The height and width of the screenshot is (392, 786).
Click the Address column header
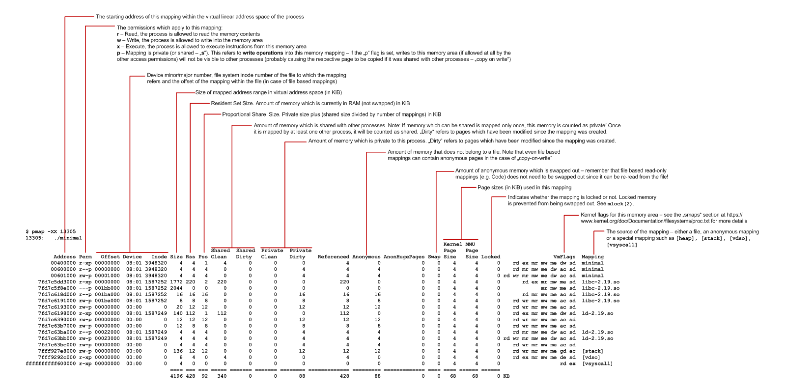coord(64,257)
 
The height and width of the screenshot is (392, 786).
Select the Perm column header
coord(85,257)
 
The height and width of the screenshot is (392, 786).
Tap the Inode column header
coord(159,257)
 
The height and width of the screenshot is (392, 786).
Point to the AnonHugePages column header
coord(404,257)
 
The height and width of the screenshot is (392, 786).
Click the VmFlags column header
coord(564,257)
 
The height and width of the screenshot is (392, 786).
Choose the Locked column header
coord(490,257)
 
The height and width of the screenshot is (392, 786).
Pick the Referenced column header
coord(333,257)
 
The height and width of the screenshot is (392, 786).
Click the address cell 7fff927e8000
coord(57,351)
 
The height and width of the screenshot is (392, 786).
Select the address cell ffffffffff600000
coord(51,364)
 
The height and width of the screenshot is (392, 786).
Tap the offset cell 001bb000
coord(107,288)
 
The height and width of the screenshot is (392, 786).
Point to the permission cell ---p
coord(85,288)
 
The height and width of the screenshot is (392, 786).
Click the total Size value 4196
coord(176,376)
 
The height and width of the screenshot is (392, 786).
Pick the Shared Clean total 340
coord(222,376)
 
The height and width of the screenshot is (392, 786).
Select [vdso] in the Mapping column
coord(591,358)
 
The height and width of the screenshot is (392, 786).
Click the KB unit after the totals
coord(506,376)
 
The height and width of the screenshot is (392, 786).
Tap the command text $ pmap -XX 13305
coord(51,231)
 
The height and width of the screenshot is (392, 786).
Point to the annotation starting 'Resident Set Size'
coord(310,104)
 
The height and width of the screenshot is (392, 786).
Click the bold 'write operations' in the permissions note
coord(263,53)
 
